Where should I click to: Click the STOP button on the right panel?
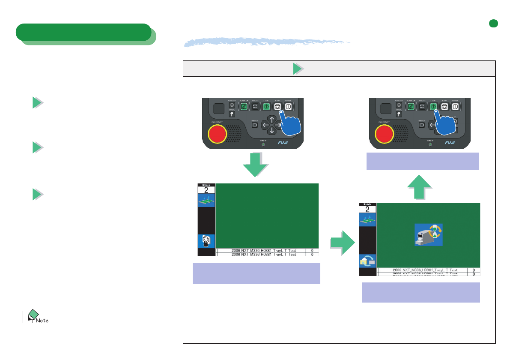coord(444,107)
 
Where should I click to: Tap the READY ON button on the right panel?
coord(411,107)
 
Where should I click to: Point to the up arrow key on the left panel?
coord(272,120)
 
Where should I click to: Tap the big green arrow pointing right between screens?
coord(342,243)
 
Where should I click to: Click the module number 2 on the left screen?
coord(206,189)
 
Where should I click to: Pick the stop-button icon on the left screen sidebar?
coord(206,241)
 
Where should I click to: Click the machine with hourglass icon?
coord(428,234)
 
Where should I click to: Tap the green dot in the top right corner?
coord(494,24)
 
